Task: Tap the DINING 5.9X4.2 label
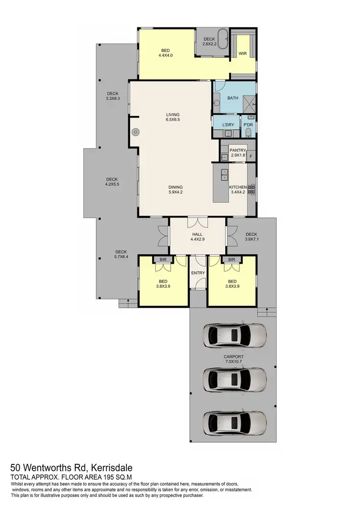click(x=176, y=190)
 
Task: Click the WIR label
click(x=242, y=53)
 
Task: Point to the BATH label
click(x=233, y=98)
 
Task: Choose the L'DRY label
click(x=228, y=125)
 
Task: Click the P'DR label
click(x=248, y=125)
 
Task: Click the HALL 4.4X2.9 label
click(x=198, y=236)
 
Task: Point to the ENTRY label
click(x=198, y=273)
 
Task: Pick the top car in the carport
click(x=235, y=336)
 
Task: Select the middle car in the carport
click(x=235, y=380)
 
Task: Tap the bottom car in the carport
click(x=235, y=423)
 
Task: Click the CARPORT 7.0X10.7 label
click(x=233, y=359)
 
